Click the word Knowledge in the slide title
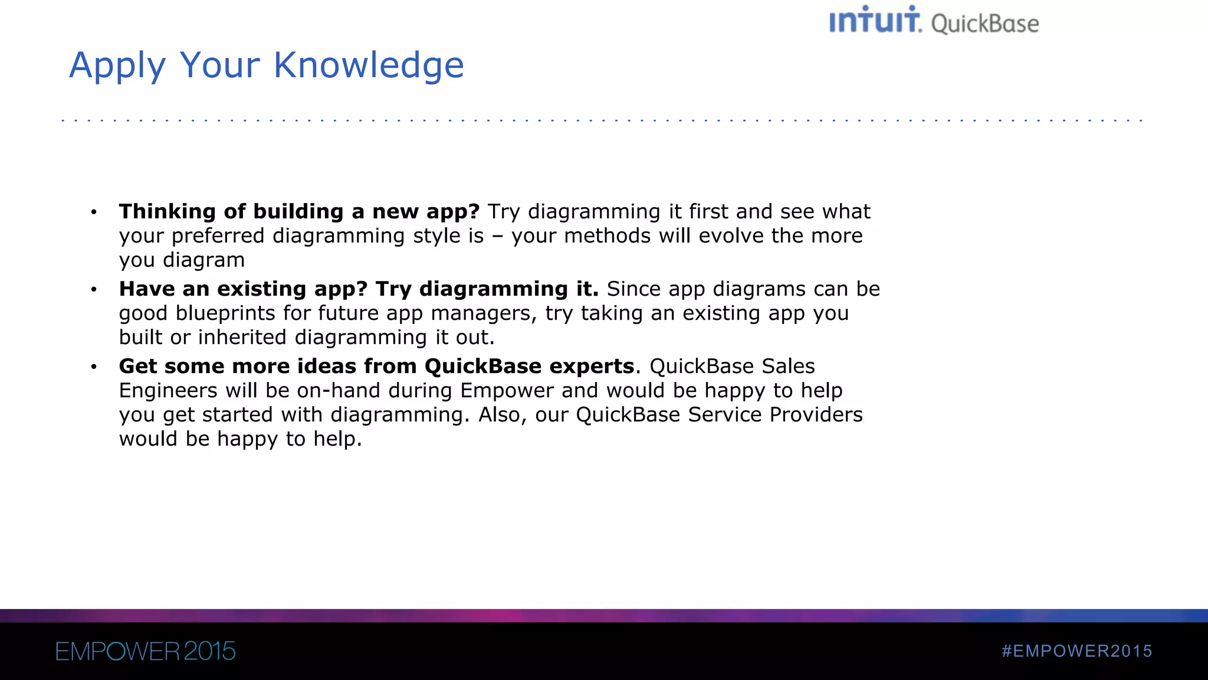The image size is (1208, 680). (x=369, y=65)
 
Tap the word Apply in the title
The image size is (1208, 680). (x=117, y=66)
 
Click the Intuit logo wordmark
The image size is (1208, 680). (x=875, y=21)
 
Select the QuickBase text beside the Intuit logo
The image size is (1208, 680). (x=985, y=24)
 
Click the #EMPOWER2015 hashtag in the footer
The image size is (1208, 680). (x=1076, y=651)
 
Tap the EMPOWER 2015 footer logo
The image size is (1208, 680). (x=145, y=652)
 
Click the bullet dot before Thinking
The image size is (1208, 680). (x=94, y=212)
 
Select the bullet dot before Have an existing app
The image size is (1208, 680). (x=94, y=289)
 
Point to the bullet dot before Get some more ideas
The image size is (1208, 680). (x=94, y=367)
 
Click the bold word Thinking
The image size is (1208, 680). (x=168, y=211)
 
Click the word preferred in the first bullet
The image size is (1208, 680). (x=218, y=236)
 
